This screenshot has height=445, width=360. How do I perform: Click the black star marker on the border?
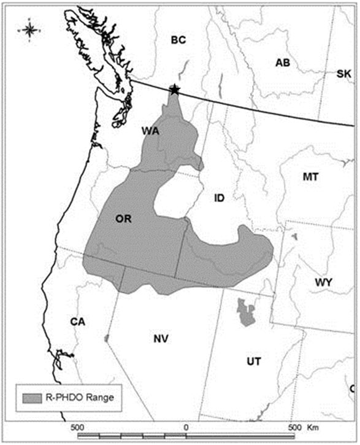pyautogui.click(x=175, y=90)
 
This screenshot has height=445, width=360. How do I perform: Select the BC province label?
pyautogui.click(x=178, y=41)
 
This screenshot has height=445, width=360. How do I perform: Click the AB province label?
pyautogui.click(x=283, y=63)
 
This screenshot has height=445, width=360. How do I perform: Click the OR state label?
pyautogui.click(x=124, y=219)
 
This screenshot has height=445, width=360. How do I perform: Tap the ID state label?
pyautogui.click(x=220, y=198)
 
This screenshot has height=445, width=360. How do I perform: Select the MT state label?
pyautogui.click(x=310, y=177)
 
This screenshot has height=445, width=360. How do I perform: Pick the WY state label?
pyautogui.click(x=323, y=282)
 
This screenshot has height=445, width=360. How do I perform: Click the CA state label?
pyautogui.click(x=77, y=322)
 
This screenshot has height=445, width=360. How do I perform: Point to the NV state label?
pyautogui.click(x=161, y=338)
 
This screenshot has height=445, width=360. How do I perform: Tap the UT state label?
pyautogui.click(x=254, y=362)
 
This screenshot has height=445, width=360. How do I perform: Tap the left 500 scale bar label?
pyautogui.click(x=77, y=427)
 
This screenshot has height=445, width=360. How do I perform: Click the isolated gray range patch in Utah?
pyautogui.click(x=247, y=313)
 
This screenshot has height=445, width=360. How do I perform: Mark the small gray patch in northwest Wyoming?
pyautogui.click(x=294, y=236)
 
